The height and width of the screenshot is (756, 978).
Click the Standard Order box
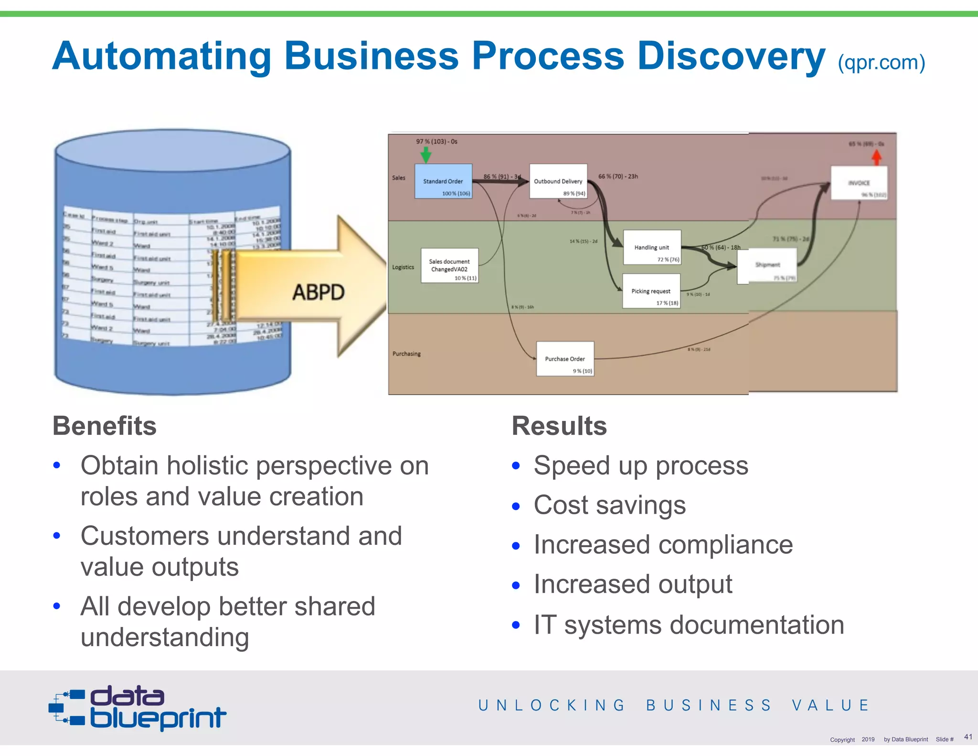443,181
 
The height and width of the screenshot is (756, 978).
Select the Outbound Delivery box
558,182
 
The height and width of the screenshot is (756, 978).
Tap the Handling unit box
652,248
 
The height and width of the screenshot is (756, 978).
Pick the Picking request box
651,291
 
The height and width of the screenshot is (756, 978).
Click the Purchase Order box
565,359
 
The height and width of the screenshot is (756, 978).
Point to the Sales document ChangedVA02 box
449,266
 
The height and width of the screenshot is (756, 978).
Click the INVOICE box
859,183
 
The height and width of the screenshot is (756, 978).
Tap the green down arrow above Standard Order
425,155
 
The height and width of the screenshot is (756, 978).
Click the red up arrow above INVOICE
877,157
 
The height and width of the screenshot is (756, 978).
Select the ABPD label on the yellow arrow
318,292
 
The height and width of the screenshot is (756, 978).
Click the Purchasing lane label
406,354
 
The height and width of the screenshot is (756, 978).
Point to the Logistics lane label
403,267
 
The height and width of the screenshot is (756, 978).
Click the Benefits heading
105,426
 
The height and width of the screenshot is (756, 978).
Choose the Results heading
559,426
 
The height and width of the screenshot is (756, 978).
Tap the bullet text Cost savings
609,505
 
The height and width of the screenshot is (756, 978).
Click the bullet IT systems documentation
689,625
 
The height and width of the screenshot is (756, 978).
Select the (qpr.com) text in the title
882,63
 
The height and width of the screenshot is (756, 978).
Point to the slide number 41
968,736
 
